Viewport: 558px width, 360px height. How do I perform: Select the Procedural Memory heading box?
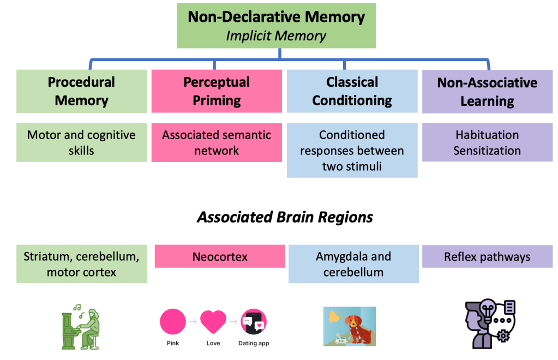pyautogui.click(x=81, y=91)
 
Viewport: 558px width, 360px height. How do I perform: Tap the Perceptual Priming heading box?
pyautogui.click(x=217, y=91)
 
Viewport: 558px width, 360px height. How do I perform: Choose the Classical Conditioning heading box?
pyautogui.click(x=352, y=91)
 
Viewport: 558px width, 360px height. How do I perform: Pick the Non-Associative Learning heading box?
pyautogui.click(x=487, y=92)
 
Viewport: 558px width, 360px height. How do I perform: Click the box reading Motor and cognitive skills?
pyautogui.click(x=81, y=142)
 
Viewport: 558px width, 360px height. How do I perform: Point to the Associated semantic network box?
pyautogui.click(x=217, y=142)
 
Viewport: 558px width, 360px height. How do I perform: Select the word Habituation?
pyautogui.click(x=487, y=135)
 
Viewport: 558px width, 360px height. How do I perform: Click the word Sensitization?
pyautogui.click(x=487, y=151)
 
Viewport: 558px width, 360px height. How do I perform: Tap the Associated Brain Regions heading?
pyautogui.click(x=285, y=217)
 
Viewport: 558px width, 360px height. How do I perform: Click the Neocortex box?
pyautogui.click(x=220, y=256)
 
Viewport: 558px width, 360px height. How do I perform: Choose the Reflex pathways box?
pyautogui.click(x=487, y=256)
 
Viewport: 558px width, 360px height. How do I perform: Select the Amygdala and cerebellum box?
pyautogui.click(x=353, y=264)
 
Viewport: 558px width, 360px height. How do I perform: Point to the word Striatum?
pyautogui.click(x=43, y=256)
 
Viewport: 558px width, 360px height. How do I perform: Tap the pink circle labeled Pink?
pyautogui.click(x=172, y=321)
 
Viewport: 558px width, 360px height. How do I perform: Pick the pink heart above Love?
pyautogui.click(x=213, y=322)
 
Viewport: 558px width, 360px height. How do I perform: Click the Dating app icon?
pyautogui.click(x=254, y=322)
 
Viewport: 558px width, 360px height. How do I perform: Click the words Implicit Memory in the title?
pyautogui.click(x=276, y=36)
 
